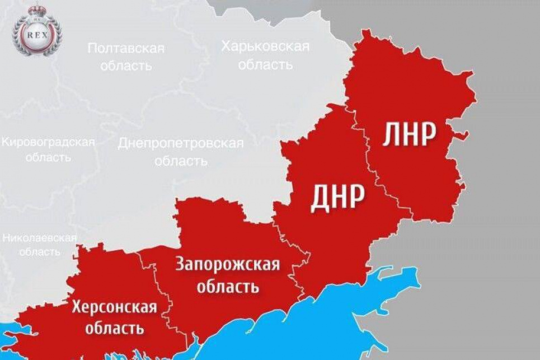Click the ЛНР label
tap(410, 135)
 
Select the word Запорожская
tap(228, 264)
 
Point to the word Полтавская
tap(126, 48)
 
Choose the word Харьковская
tap(265, 46)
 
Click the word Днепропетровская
tap(180, 143)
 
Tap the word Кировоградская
tap(48, 142)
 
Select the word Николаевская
tap(39, 237)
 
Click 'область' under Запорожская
tap(227, 288)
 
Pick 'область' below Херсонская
tap(114, 328)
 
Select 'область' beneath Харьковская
tap(265, 64)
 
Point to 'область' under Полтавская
tap(126, 66)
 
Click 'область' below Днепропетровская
tap(180, 161)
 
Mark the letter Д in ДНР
tap(320, 197)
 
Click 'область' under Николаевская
tap(39, 251)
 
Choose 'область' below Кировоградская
tap(48, 157)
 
